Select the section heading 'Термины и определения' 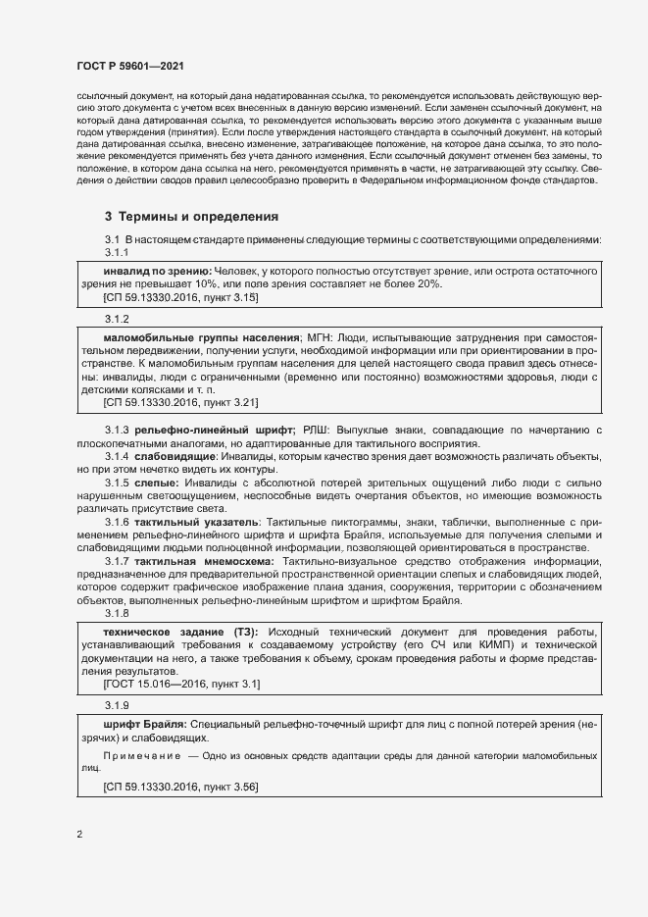[x=201, y=216]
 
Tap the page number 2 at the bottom [x=79, y=835]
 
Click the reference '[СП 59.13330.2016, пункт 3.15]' [x=180, y=295]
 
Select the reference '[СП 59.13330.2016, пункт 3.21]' [x=180, y=402]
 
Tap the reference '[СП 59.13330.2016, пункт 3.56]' [x=180, y=785]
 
